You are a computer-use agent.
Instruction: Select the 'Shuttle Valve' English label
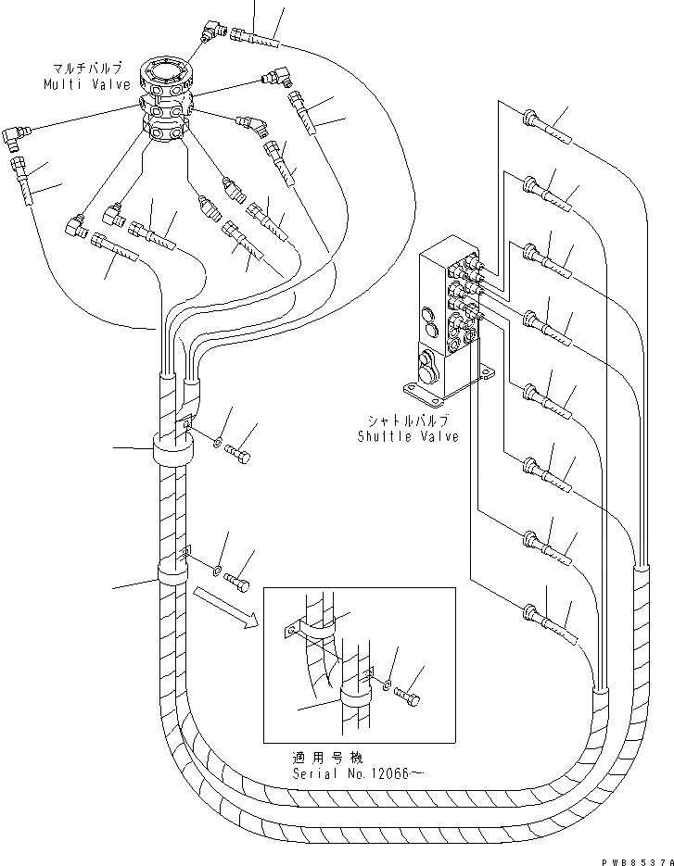click(408, 436)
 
